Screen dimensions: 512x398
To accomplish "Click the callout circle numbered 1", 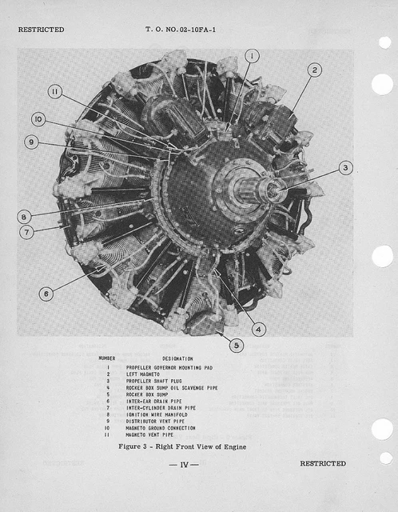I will [252, 55].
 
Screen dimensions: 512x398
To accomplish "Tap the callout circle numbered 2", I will [314, 70].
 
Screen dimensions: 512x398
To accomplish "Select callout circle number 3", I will [344, 167].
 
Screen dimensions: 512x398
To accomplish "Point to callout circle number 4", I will [258, 328].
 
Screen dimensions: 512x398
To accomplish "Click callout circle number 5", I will [236, 346].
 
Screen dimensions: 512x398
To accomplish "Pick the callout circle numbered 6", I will [46, 294].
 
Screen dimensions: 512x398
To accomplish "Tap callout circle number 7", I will [27, 232].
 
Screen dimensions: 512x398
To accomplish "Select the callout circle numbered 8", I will [24, 216].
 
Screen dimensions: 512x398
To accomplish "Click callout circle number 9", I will [31, 142].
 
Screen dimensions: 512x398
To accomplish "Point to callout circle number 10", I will [38, 118].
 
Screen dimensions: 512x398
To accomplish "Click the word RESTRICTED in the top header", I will [41, 30].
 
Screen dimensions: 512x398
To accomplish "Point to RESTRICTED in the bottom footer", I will [323, 463].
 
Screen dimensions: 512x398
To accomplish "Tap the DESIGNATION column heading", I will [177, 358].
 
